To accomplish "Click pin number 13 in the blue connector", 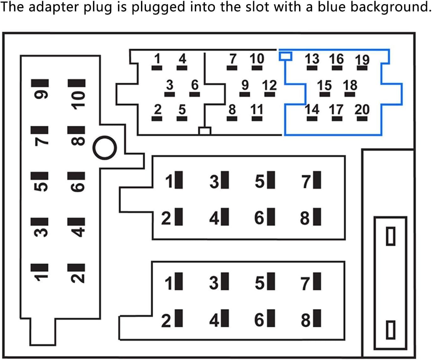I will pyautogui.click(x=312, y=59).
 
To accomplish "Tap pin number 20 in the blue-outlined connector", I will pyautogui.click(x=362, y=109).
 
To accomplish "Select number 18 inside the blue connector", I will pyautogui.click(x=350, y=85).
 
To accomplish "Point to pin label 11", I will pyautogui.click(x=257, y=109).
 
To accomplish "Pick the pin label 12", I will pyautogui.click(x=269, y=85).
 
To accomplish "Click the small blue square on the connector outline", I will pyautogui.click(x=285, y=56).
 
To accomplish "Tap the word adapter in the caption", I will pyautogui.click(x=53, y=7).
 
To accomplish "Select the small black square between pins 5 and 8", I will pyautogui.click(x=205, y=131).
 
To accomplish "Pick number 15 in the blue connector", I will pyautogui.click(x=324, y=85).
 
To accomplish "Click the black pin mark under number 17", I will pyautogui.click(x=336, y=119).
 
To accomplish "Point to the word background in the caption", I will pyautogui.click(x=390, y=7).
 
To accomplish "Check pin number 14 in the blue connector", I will pyautogui.click(x=312, y=109).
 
